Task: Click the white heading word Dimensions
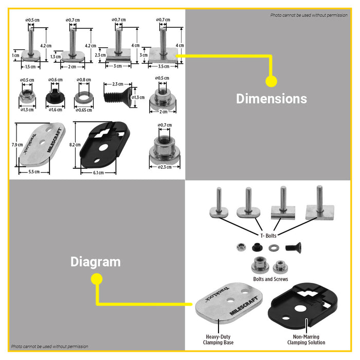(x=271, y=99)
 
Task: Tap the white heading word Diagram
(x=95, y=262)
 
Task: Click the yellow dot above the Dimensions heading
(x=271, y=81)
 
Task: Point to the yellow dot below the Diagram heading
(x=96, y=279)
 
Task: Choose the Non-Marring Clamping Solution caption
(x=307, y=340)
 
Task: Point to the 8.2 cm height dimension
(x=75, y=146)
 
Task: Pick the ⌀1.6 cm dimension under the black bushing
(x=55, y=110)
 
